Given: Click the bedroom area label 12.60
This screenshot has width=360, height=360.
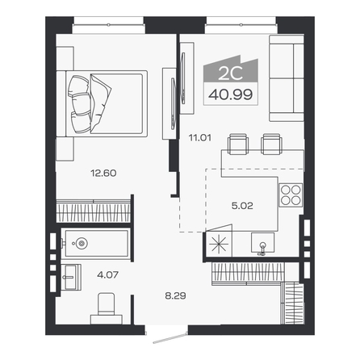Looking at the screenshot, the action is pos(103,173).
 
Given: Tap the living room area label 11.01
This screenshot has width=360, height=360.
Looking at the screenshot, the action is pos(200,138).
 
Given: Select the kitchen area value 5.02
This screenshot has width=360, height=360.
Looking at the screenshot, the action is pos(242,206).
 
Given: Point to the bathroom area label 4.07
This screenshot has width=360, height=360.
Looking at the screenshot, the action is pos(108,274).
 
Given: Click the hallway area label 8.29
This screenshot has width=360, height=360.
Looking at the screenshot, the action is pos(175,296).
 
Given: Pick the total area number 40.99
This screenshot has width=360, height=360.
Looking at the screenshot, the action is pos(231,94).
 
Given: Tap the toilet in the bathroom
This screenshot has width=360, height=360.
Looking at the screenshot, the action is pos(107,308).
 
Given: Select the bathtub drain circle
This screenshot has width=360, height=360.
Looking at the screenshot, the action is pos(82,244).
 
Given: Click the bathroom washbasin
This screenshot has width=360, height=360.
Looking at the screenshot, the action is pos(71,277).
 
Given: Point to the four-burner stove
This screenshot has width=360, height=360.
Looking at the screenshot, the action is pos(291,195).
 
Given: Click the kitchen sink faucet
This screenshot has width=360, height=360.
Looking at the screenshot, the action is pos(262,248).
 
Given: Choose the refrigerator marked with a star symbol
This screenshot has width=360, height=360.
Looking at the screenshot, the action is pos(219,245).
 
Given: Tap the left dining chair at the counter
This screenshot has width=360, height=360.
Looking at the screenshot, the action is pos(237,144).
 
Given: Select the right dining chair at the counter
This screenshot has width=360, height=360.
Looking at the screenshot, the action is pos(272,144).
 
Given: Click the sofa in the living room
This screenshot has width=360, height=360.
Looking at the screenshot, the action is pos(287,78).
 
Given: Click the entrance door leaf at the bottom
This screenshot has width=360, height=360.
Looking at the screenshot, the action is pos(170,338).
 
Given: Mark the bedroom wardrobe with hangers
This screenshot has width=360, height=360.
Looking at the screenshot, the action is pos(94,211).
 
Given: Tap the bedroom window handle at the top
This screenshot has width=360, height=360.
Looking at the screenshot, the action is pos(108,25).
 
